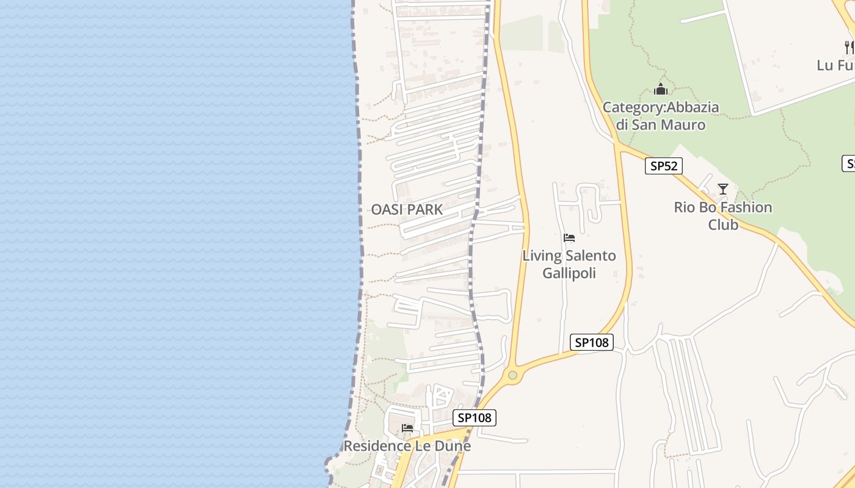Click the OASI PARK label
(407, 210)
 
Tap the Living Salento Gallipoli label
(569, 264)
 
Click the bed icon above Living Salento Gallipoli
(569, 237)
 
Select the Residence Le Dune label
(407, 446)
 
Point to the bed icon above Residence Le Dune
(407, 428)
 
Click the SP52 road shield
(663, 166)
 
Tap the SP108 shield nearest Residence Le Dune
(475, 418)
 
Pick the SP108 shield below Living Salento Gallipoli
(591, 342)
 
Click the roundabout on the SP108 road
(512, 375)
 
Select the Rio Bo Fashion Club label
(723, 216)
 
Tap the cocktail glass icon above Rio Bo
(723, 189)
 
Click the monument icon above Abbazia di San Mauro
(660, 90)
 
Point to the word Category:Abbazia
(660, 108)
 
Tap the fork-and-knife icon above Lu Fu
(848, 46)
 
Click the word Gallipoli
(569, 273)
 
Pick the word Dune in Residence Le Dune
(453, 446)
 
